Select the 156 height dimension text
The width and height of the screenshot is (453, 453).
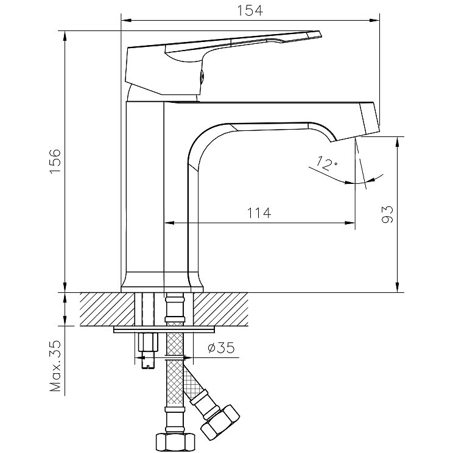(x=55, y=162)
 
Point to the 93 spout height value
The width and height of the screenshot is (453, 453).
(x=388, y=214)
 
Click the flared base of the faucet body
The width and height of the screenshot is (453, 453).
(x=161, y=282)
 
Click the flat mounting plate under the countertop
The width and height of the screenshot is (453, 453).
(x=164, y=330)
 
